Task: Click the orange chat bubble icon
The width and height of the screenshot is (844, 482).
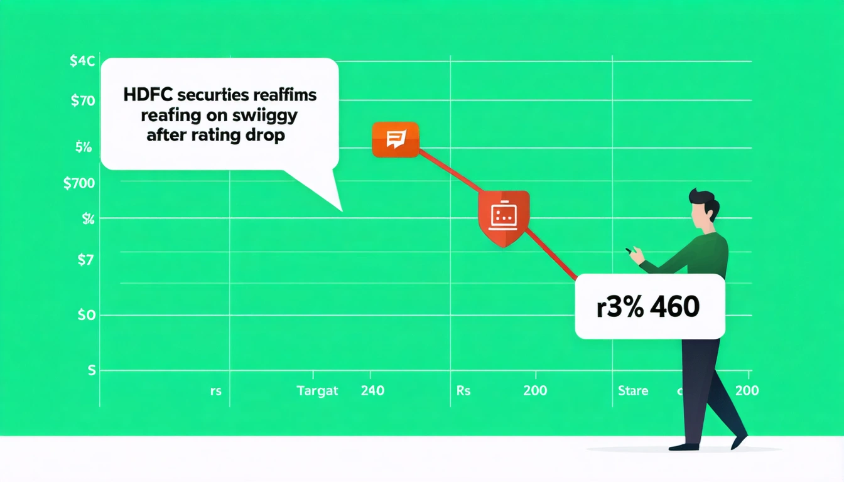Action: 395,139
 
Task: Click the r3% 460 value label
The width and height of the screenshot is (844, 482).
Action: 650,308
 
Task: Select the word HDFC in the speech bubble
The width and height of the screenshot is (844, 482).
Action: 143,96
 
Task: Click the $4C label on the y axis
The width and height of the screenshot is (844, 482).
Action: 83,62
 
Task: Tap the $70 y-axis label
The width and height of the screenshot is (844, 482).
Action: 82,100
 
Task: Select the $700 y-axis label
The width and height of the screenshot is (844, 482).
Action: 80,184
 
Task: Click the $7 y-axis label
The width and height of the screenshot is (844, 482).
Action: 86,260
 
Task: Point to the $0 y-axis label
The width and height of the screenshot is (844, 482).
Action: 86,315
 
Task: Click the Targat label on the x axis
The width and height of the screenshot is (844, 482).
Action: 317,390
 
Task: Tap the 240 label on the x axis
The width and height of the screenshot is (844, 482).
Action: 372,390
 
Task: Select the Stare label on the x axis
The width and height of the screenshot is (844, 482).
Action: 632,390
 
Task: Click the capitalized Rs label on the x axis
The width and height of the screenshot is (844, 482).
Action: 463,390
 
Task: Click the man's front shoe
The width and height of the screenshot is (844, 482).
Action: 684,446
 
